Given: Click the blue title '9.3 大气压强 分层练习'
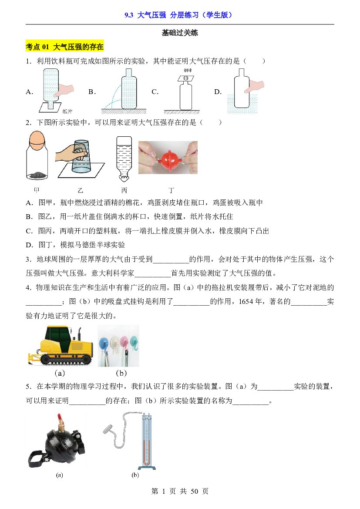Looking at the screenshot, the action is coord(161,15).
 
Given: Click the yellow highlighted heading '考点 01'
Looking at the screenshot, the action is coord(37,47).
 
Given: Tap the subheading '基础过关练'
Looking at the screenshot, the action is coord(180,33).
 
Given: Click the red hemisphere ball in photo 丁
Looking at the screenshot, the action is coord(168,157).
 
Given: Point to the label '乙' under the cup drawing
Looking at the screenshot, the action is coord(80,190).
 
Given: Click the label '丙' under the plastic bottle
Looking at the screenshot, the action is coord(124,190).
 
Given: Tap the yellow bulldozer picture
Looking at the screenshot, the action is coord(61,346).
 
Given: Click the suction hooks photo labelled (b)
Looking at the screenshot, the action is coord(118,346).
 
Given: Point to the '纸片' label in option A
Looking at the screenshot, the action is coord(67,111).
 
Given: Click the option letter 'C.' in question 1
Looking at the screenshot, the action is coord(155,92).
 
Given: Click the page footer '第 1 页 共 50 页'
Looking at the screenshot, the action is coord(180,491).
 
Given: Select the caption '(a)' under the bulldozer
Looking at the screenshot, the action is coord(60,373).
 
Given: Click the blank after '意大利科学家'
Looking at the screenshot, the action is coord(152,273).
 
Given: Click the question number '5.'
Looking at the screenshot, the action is coord(29,387).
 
